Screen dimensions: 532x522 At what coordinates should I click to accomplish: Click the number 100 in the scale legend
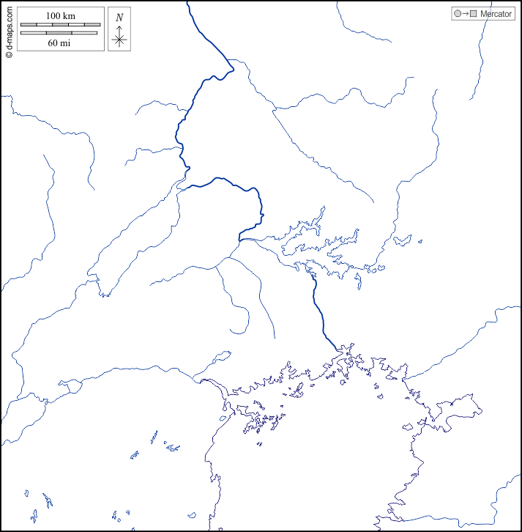pyautogui.click(x=53, y=15)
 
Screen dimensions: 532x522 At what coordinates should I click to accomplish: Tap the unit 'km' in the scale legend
pyautogui.click(x=70, y=15)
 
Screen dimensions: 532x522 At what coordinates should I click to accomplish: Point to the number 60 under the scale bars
pyautogui.click(x=53, y=43)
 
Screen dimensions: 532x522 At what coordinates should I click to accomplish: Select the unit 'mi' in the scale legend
pyautogui.click(x=66, y=43)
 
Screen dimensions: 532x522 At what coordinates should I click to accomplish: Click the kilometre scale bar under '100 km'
pyautogui.click(x=60, y=26)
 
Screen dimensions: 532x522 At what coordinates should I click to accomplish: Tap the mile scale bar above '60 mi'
pyautogui.click(x=60, y=32)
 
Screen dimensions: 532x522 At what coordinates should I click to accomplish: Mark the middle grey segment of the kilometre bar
pyautogui.click(x=60, y=26)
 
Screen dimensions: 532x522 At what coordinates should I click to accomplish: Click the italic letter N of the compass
pyautogui.click(x=119, y=17)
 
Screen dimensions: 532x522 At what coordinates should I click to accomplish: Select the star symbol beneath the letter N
pyautogui.click(x=119, y=40)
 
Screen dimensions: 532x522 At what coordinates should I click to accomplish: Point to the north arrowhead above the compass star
pyautogui.click(x=119, y=27)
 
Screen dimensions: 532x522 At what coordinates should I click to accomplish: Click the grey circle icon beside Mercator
pyautogui.click(x=458, y=14)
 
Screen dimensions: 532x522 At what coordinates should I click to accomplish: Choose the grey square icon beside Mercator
pyautogui.click(x=474, y=14)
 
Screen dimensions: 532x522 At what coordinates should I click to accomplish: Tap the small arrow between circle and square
pyautogui.click(x=466, y=14)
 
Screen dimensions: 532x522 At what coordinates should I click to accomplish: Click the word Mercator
pyautogui.click(x=496, y=14)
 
